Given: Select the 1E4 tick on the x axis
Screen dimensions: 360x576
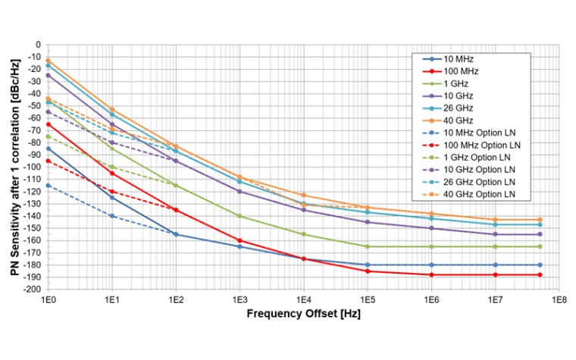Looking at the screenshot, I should [304, 300].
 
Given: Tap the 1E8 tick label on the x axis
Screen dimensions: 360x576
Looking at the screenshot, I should [559, 300].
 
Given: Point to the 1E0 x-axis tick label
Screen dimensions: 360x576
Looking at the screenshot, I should [49, 300].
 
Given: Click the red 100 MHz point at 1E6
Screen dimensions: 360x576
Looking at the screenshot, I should [432, 274].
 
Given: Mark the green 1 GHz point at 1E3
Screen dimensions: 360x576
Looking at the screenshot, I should [240, 216].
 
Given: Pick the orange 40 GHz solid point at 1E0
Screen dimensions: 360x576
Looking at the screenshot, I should [49, 61].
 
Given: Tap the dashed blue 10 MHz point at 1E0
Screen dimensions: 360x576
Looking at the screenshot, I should [49, 186].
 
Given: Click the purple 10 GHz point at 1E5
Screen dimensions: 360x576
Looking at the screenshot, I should [368, 222].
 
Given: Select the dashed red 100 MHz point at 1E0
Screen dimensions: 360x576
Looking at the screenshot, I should [49, 161].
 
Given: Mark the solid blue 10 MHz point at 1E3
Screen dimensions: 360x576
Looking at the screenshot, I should [240, 246].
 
